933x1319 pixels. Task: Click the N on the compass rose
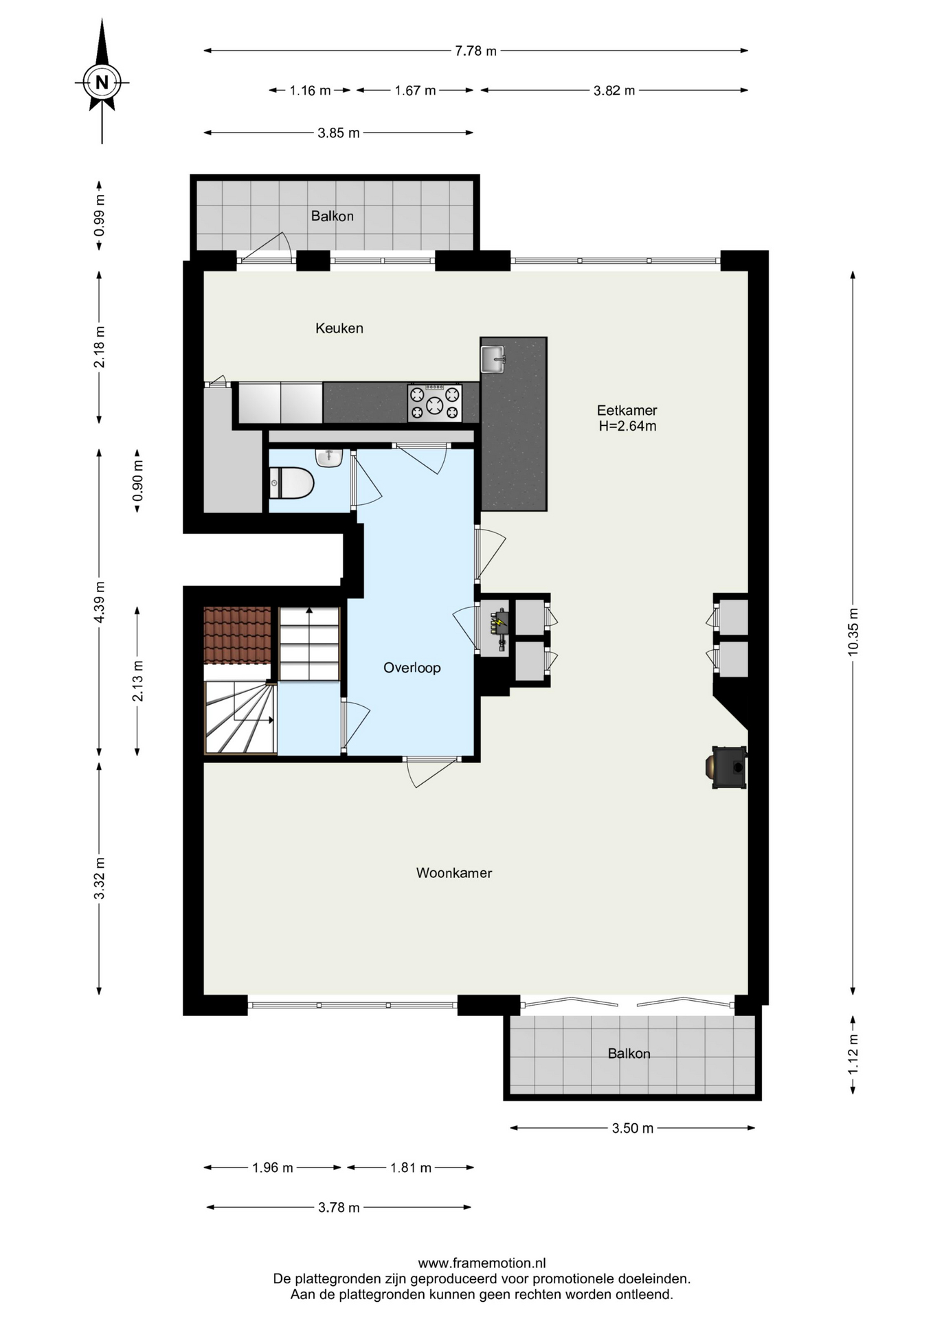point(102,82)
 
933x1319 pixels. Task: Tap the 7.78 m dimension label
point(475,51)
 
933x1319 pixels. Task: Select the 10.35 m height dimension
point(853,632)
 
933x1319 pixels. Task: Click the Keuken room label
point(339,328)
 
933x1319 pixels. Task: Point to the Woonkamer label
point(454,873)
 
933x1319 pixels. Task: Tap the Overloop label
point(412,668)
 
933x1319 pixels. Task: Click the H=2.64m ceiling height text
point(627,426)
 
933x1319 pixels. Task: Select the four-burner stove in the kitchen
point(435,403)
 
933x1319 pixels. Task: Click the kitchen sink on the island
point(493,359)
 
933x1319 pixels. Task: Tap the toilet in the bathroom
point(291,483)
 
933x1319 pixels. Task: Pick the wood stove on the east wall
point(726,767)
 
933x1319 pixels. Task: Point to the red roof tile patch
point(237,635)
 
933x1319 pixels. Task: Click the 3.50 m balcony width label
point(633,1128)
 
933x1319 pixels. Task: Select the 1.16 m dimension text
point(310,91)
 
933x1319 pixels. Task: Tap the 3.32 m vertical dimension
point(100,878)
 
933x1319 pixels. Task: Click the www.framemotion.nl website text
point(482,1263)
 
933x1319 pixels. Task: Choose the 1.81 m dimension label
point(411,1168)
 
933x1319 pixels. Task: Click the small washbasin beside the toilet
point(329,458)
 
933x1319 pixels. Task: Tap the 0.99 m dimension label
point(100,215)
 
